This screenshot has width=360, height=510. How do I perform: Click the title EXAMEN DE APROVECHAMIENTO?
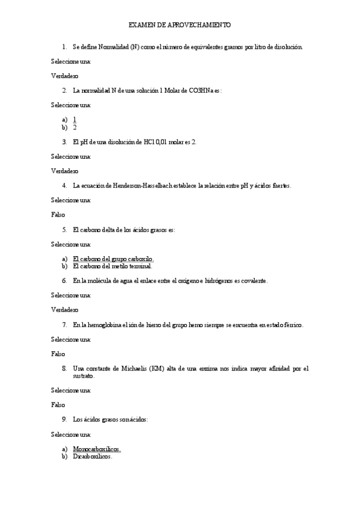pyautogui.click(x=180, y=25)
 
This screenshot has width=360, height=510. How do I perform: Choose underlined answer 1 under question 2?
pyautogui.click(x=75, y=120)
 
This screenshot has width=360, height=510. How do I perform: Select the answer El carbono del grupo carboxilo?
pyautogui.click(x=113, y=259)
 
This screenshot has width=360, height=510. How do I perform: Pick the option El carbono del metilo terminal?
pyautogui.click(x=112, y=266)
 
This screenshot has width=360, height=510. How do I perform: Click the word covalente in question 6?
pyautogui.click(x=252, y=281)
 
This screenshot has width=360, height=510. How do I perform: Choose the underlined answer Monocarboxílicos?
pyautogui.click(x=97, y=449)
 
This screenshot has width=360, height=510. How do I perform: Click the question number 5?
pyautogui.click(x=64, y=230)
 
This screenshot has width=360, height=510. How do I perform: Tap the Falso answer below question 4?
pyautogui.click(x=58, y=214)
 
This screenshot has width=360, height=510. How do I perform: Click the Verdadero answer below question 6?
pyautogui.click(x=64, y=310)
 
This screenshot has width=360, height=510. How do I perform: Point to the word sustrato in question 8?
pyautogui.click(x=83, y=376)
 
